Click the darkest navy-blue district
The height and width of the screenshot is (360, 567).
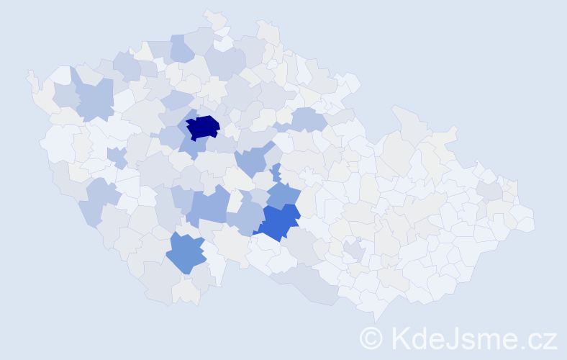coord(203,127)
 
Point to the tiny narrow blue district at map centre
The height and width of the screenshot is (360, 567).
coord(276,173)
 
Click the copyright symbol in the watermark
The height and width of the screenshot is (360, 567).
coord(371,337)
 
